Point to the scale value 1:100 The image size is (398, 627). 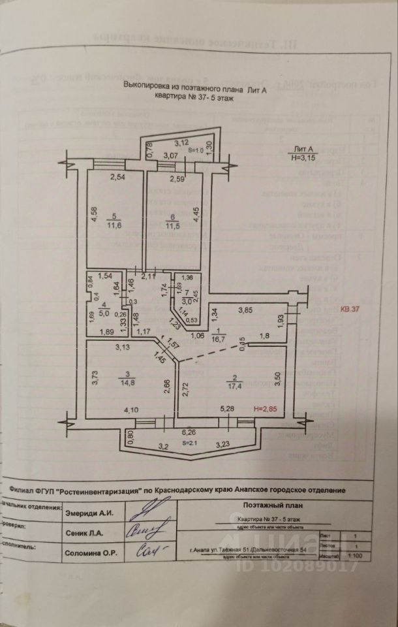tap(357, 556)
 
